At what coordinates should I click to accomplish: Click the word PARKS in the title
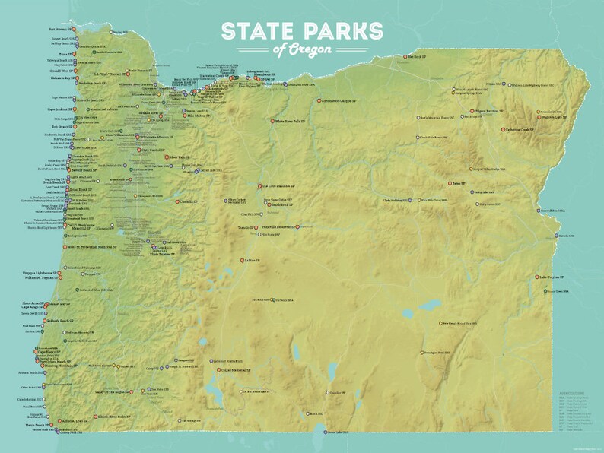click(x=340, y=30)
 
